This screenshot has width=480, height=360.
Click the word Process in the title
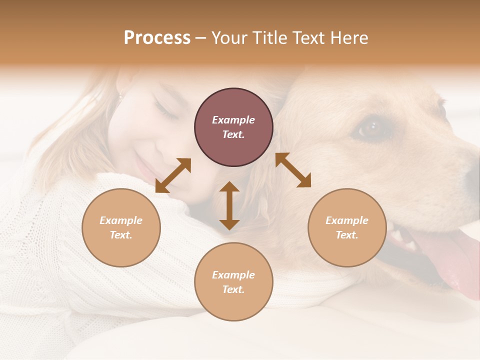(x=157, y=38)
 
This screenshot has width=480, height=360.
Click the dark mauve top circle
(x=233, y=127)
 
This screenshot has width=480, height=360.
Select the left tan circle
(x=121, y=227)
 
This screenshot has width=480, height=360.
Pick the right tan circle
(x=347, y=227)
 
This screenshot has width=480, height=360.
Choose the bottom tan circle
(x=233, y=281)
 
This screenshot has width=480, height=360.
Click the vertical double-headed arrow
(x=229, y=205)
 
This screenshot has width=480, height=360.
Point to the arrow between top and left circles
(x=173, y=175)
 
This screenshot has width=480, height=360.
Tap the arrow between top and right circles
(x=293, y=170)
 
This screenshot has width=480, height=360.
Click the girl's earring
(x=120, y=94)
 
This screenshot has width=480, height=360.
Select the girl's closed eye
(x=166, y=111)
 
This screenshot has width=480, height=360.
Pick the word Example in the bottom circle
(x=233, y=274)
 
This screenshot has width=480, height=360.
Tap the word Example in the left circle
(x=121, y=220)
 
